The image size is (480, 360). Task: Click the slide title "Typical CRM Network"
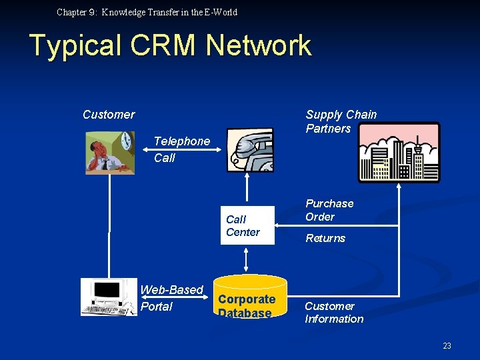point(171,45)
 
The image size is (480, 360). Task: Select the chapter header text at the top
point(147,12)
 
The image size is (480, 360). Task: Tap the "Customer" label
point(109,115)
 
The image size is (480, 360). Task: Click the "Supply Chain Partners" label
point(341,121)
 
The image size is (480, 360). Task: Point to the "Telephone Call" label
point(181,149)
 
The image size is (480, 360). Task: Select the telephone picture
point(249,150)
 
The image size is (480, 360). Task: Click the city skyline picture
point(399,153)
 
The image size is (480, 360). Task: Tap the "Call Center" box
point(247,225)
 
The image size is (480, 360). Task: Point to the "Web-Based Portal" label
point(171,298)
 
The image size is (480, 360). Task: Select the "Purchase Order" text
point(329,210)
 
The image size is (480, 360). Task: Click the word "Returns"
point(325,238)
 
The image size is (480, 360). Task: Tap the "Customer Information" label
point(334,313)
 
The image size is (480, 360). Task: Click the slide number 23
point(447,345)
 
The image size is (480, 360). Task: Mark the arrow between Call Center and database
point(247,259)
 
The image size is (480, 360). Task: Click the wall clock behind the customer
point(125,141)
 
